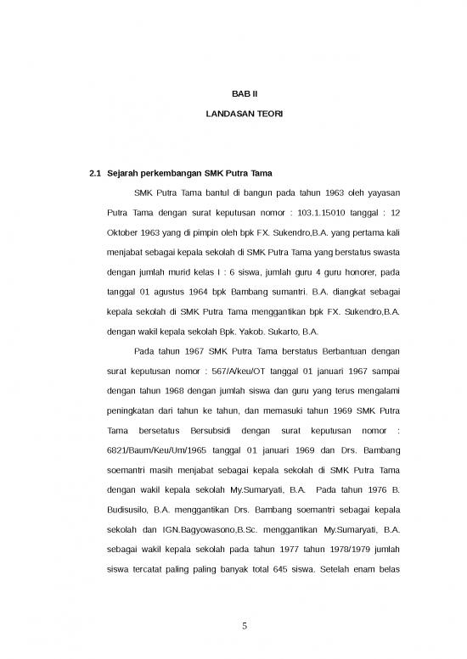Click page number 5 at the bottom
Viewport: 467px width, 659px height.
coord(244,627)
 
